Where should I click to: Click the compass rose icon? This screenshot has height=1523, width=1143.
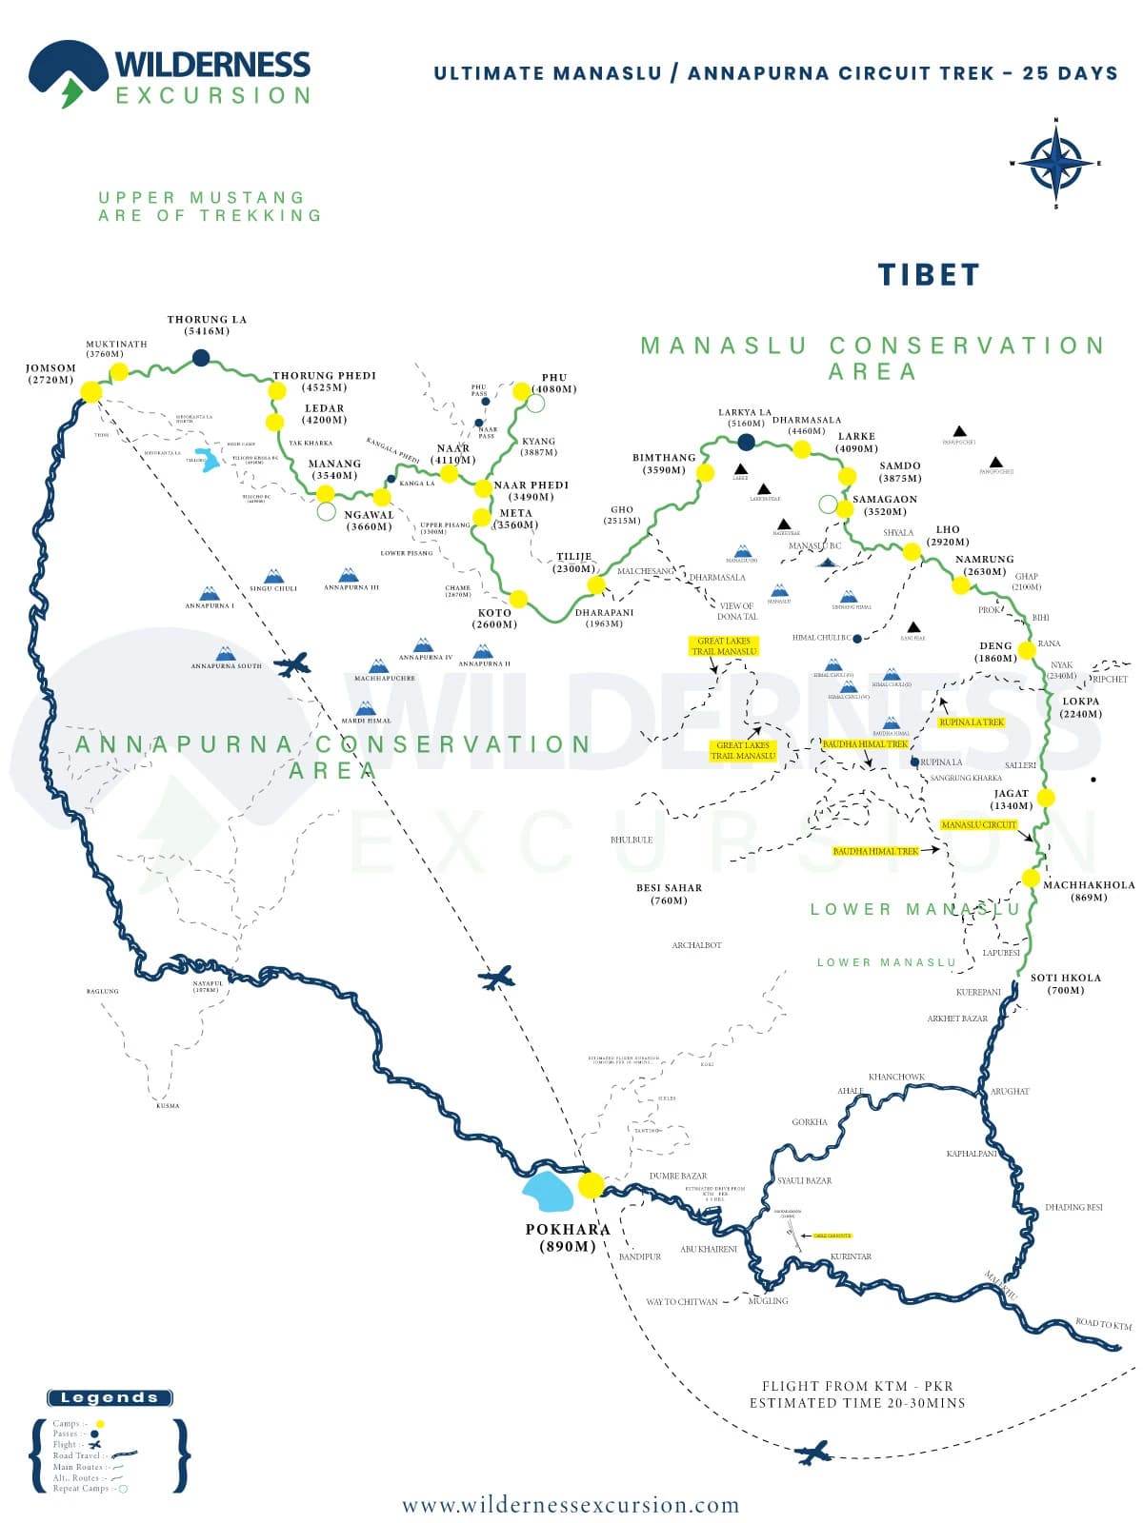click(1055, 163)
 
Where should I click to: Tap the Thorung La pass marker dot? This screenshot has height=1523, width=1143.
click(201, 358)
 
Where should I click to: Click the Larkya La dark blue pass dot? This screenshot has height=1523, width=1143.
click(747, 442)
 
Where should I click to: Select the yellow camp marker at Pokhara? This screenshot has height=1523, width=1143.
click(591, 1185)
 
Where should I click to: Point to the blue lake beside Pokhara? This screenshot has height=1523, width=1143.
click(549, 1191)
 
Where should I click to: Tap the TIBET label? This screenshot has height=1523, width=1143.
click(928, 275)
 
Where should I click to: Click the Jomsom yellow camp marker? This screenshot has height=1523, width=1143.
click(91, 391)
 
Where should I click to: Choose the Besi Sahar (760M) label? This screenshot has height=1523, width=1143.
click(669, 894)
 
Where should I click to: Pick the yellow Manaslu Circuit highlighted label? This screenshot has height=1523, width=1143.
click(978, 824)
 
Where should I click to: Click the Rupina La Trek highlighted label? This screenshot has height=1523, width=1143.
click(971, 722)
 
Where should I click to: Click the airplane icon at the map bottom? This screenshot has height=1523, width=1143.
click(812, 1453)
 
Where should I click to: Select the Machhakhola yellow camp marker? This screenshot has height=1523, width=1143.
click(1031, 878)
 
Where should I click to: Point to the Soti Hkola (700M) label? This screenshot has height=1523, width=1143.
click(1065, 983)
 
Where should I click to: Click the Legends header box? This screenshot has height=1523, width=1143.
click(110, 1398)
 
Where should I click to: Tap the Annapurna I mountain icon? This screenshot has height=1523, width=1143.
click(209, 595)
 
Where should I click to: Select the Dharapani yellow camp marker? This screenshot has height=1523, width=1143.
click(597, 584)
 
